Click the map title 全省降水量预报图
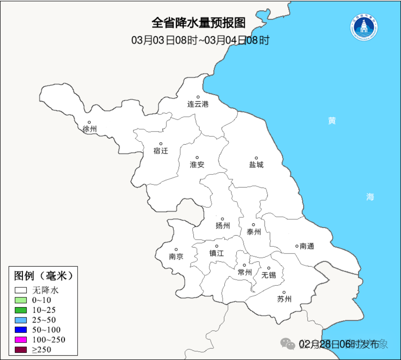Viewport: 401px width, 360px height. pos(199,23)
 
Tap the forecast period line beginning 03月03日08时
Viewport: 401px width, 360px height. pos(200,40)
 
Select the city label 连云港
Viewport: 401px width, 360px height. pos(198,105)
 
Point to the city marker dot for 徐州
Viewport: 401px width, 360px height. pos(89,122)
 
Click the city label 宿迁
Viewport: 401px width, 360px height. pos(161,151)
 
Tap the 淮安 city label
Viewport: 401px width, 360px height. pos(197,165)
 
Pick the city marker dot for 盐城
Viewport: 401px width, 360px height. pos(256,158)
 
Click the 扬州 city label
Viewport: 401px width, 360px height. pos(223,226)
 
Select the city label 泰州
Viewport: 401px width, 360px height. pos(254,232)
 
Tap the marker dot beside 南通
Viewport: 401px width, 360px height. pos(297,246)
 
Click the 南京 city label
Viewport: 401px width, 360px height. pos(176,257)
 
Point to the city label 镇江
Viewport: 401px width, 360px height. pos(217,253)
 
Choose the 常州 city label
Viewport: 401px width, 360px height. pos(245,272)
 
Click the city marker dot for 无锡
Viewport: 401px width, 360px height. pos(269,268)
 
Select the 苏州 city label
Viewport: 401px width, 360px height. pos(284,299)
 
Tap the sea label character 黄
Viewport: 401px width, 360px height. pos(332,121)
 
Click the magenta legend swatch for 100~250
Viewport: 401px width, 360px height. pos(21,340)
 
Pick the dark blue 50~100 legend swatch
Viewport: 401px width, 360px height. pos(21,330)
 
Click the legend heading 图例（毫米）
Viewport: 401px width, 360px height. pos(43,275)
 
